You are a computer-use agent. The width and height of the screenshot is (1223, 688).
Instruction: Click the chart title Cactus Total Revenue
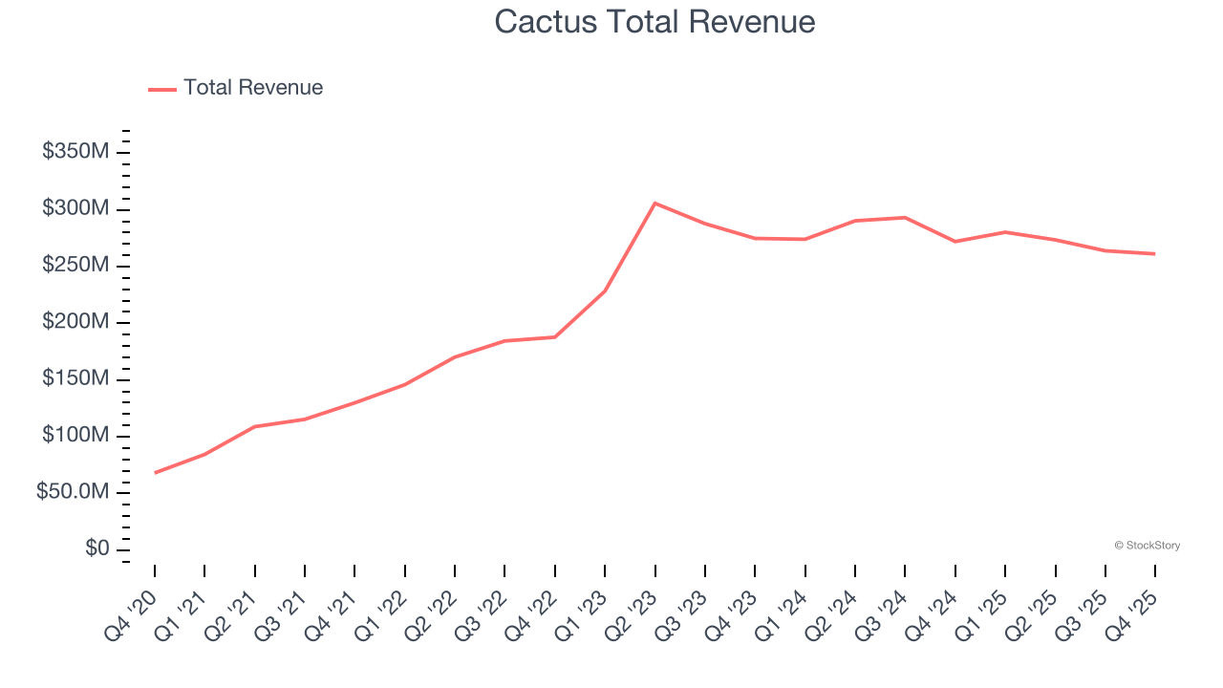click(x=654, y=22)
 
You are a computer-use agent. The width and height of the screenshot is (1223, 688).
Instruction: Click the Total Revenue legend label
click(x=253, y=88)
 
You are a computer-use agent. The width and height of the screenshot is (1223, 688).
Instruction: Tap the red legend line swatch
click(x=162, y=89)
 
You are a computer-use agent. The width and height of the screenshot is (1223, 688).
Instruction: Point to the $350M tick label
click(x=75, y=152)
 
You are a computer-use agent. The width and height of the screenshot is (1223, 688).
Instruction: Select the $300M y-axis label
click(x=75, y=209)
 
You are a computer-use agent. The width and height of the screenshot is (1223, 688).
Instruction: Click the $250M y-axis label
click(x=75, y=266)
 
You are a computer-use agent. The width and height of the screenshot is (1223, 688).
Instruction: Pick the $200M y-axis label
click(x=75, y=322)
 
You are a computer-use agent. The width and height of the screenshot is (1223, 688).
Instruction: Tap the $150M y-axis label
click(x=75, y=379)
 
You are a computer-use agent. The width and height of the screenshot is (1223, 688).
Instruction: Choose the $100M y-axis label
click(x=75, y=436)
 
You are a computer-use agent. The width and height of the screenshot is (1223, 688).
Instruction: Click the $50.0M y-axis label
click(x=73, y=492)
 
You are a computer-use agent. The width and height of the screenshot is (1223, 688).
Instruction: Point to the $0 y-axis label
click(x=96, y=549)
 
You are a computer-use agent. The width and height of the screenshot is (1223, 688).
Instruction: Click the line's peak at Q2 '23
click(x=654, y=204)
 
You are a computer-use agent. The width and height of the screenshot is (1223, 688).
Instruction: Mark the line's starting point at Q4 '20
click(x=155, y=472)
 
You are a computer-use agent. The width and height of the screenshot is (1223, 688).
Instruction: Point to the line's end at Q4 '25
click(x=1155, y=253)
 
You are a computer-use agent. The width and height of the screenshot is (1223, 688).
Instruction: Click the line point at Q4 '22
click(x=555, y=336)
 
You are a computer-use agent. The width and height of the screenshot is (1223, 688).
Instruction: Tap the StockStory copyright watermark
click(x=1147, y=546)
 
